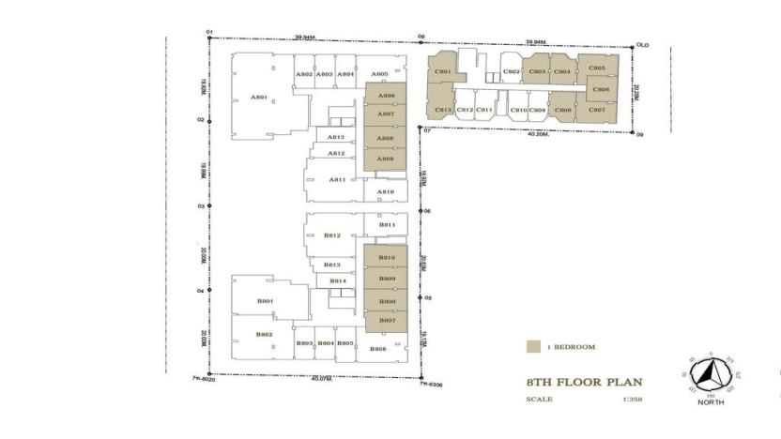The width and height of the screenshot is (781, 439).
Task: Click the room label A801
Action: point(259,97)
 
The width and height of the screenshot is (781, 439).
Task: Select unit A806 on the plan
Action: point(385,96)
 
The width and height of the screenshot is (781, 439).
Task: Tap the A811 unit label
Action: point(338,179)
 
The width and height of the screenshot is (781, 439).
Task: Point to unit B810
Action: point(386,257)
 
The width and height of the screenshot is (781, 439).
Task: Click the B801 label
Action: point(265,301)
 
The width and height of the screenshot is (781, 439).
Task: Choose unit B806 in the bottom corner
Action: point(378,349)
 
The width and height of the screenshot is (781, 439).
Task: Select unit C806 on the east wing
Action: point(602,90)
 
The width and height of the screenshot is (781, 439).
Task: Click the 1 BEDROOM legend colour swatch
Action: point(533,347)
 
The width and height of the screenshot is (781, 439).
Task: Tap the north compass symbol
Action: point(711,377)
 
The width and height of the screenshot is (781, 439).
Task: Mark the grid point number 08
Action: point(421,37)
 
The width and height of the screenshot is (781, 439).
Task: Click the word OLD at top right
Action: point(643,44)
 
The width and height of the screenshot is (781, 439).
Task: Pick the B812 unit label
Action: point(331,235)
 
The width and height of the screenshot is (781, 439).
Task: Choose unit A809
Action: point(385,159)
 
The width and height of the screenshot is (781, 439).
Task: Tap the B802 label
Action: point(265,335)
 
